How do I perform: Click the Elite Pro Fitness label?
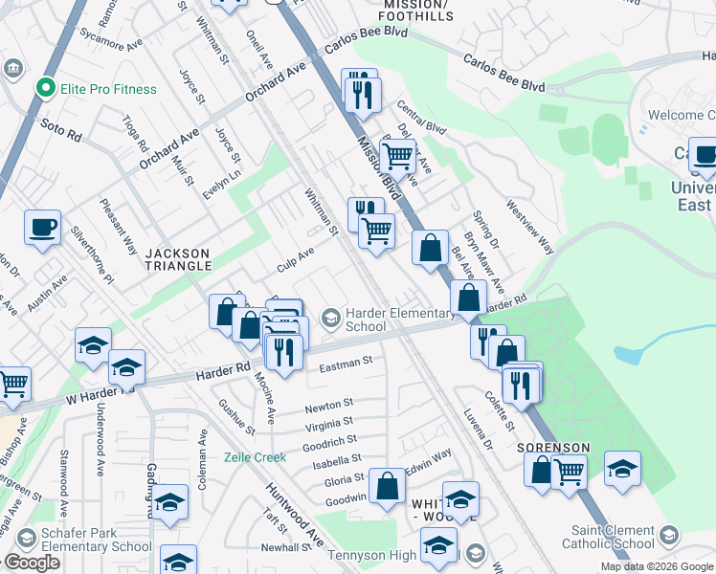pos(108,89)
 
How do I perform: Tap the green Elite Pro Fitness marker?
pos(43,89)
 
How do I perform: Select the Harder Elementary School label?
pos(399,320)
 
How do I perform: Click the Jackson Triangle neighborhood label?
pos(178,259)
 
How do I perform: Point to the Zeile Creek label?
pos(256,457)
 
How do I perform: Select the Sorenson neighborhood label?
pos(553,448)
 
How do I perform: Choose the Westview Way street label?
pos(530,227)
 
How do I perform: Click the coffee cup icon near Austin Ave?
pos(43,228)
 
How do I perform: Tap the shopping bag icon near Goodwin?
pos(388,485)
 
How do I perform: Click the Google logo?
pos(32,563)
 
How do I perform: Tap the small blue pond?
pos(628,354)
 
